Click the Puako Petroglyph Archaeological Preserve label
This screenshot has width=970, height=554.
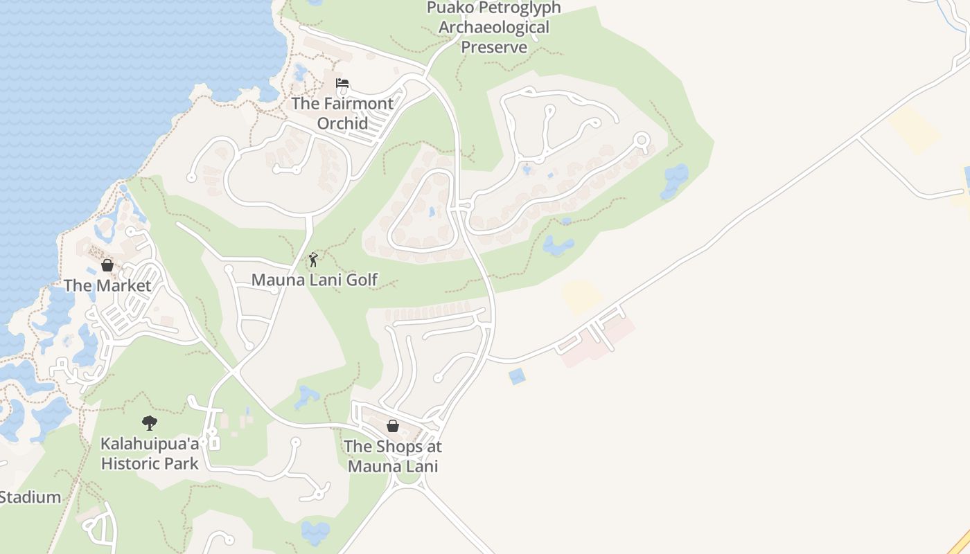pyautogui.click(x=493, y=28)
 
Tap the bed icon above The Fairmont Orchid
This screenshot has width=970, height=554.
pyautogui.click(x=342, y=84)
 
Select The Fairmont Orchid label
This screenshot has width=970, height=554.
pyautogui.click(x=342, y=113)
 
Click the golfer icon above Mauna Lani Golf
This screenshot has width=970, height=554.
pyautogui.click(x=313, y=260)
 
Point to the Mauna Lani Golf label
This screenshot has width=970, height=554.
pyautogui.click(x=314, y=280)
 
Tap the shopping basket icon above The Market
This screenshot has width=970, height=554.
pyautogui.click(x=107, y=265)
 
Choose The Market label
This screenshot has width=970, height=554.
pyautogui.click(x=107, y=285)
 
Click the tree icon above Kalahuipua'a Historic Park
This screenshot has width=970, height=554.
pyautogui.click(x=149, y=423)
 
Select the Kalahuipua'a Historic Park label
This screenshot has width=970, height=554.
pyautogui.click(x=150, y=454)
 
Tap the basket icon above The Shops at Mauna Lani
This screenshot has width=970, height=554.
pyautogui.click(x=393, y=426)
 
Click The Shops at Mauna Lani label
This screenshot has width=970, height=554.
pyautogui.click(x=393, y=456)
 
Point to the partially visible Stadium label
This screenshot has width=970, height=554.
pyautogui.click(x=30, y=497)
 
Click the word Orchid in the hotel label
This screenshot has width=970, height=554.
pyautogui.click(x=342, y=123)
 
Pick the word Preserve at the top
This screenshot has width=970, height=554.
pyautogui.click(x=494, y=47)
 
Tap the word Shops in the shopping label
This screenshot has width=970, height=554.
pyautogui.click(x=403, y=447)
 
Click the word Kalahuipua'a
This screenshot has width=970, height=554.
pyautogui.click(x=150, y=443)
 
